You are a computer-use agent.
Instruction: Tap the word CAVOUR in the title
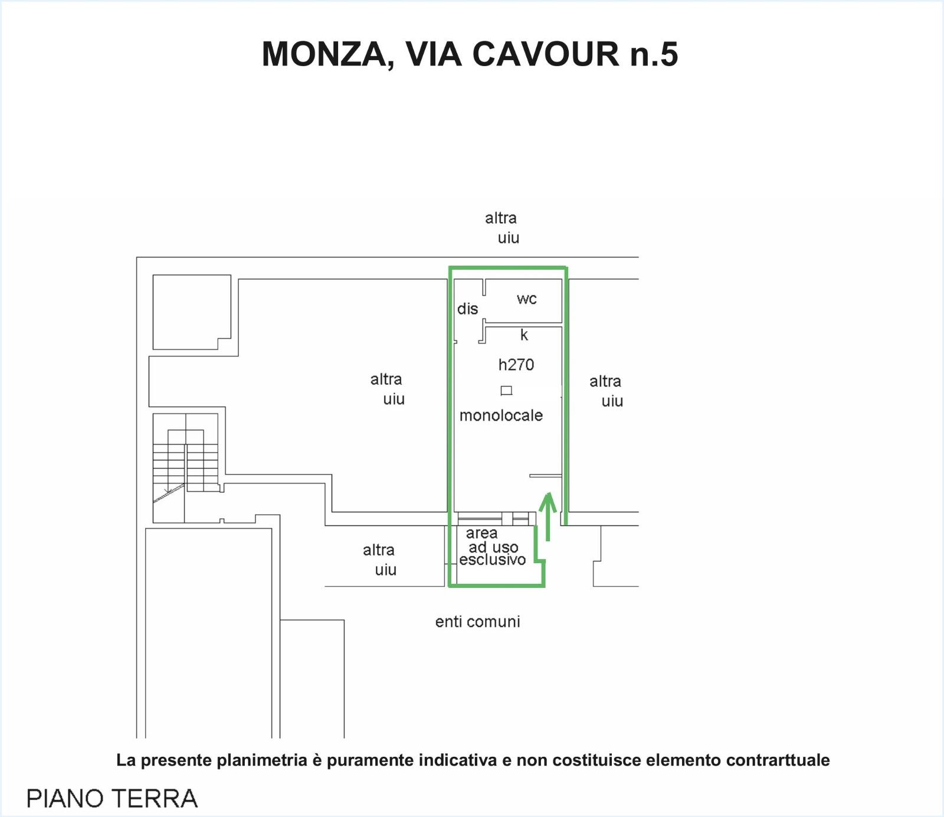[x=545, y=54]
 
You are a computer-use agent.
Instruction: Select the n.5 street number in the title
[x=654, y=54]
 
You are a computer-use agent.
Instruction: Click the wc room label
[x=526, y=299]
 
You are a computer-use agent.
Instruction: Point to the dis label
[x=467, y=309]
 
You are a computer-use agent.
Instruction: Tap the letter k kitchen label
[x=524, y=335]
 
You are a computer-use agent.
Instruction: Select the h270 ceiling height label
[x=516, y=365]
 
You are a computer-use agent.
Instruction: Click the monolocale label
[x=501, y=416]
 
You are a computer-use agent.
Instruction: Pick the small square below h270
[x=506, y=390]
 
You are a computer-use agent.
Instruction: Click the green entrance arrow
[x=548, y=517]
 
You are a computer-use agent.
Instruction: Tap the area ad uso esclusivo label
[x=492, y=547]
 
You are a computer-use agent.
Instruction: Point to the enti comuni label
[x=478, y=622]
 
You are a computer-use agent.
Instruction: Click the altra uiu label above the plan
[x=502, y=228]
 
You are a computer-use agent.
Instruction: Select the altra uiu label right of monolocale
[x=606, y=391]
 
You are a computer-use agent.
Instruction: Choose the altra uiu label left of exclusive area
[x=380, y=560]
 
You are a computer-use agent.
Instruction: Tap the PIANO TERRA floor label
[x=112, y=799]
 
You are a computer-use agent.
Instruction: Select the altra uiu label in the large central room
[x=388, y=389]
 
